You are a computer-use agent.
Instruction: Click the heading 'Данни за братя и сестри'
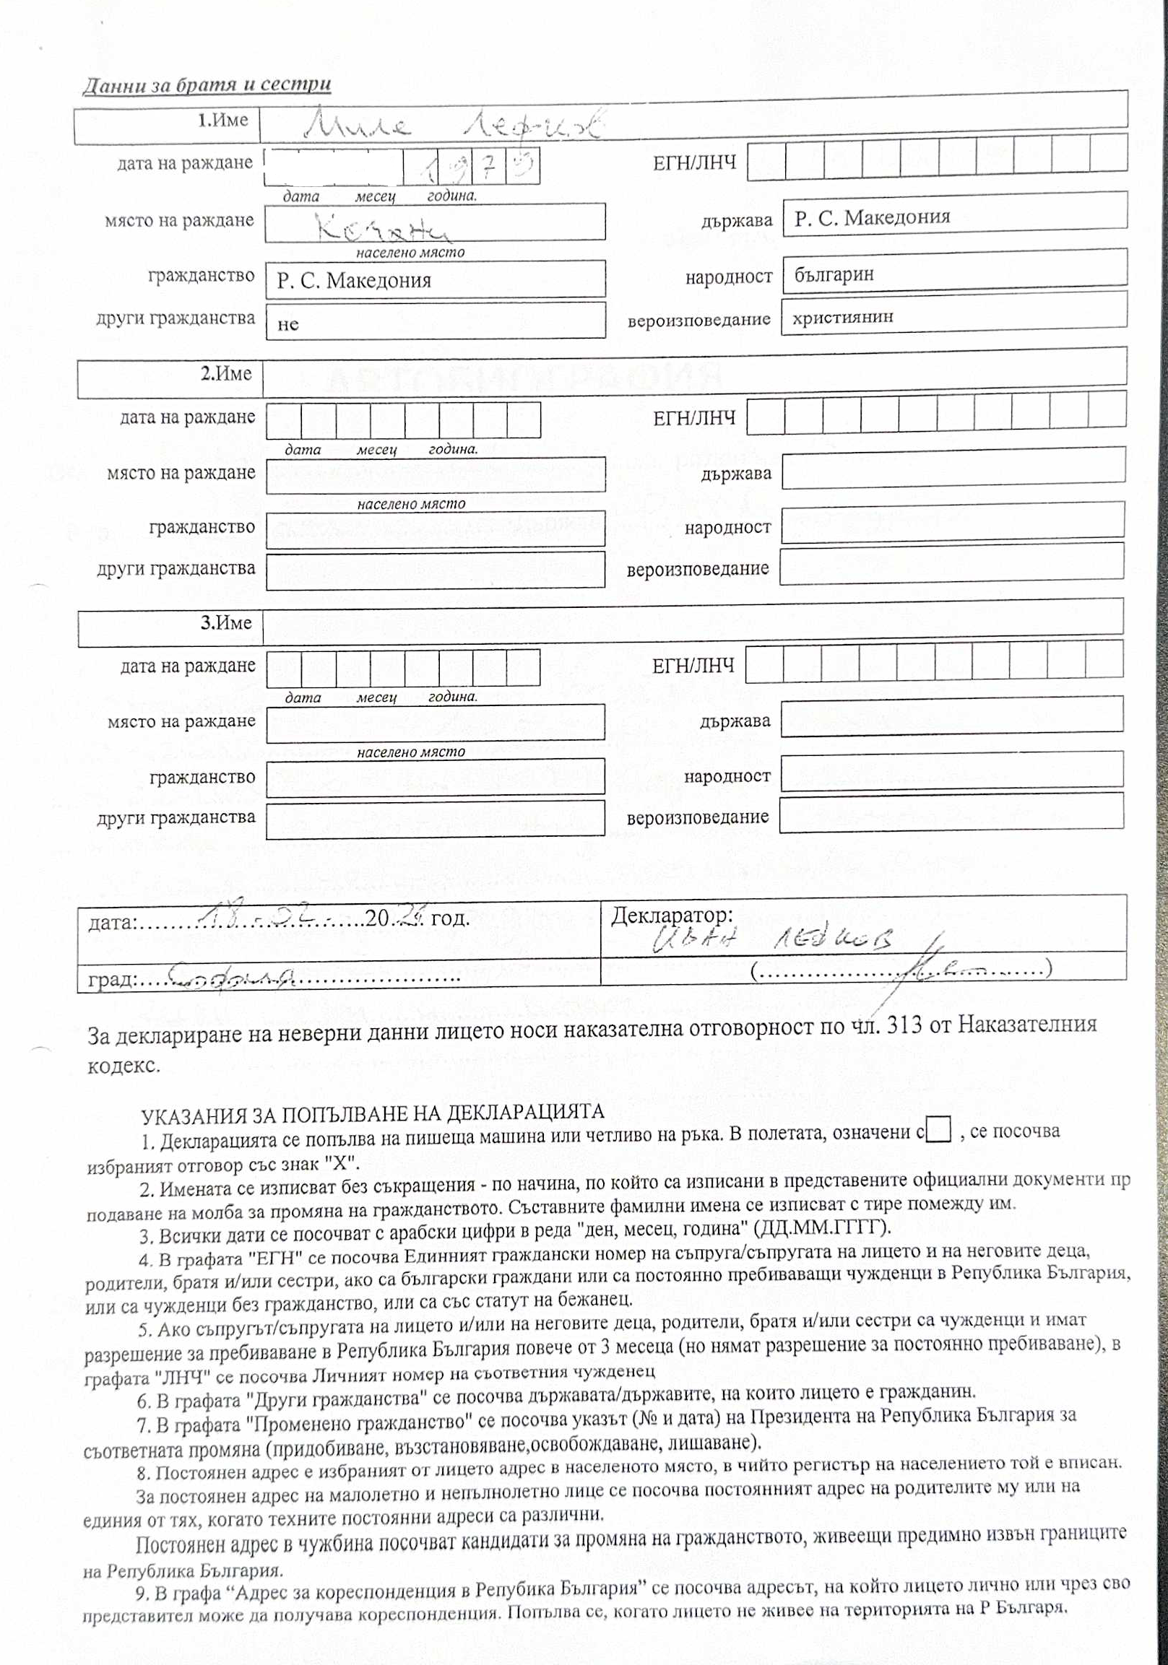(x=207, y=85)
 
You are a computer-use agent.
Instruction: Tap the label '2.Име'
(x=225, y=374)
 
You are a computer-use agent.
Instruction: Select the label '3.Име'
(x=225, y=623)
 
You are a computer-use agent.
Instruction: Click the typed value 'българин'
(x=834, y=275)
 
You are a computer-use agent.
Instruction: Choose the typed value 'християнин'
(x=842, y=318)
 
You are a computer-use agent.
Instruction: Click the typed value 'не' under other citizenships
(x=287, y=324)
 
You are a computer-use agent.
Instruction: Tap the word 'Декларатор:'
(x=672, y=916)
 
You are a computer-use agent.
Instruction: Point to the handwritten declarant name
(x=773, y=941)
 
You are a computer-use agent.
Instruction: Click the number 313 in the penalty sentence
(x=904, y=1025)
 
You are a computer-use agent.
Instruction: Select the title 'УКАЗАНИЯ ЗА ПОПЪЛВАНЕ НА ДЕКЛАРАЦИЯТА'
(x=372, y=1113)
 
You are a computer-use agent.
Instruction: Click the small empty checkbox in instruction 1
(x=939, y=1130)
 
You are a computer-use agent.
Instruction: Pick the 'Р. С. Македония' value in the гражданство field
(x=353, y=281)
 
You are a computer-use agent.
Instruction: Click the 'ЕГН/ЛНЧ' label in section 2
(x=694, y=419)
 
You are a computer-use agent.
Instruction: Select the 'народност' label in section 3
(x=727, y=777)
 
